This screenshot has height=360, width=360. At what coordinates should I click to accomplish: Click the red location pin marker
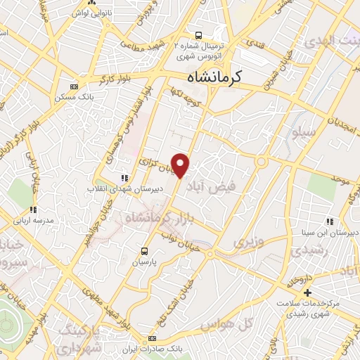pyautogui.click(x=181, y=165)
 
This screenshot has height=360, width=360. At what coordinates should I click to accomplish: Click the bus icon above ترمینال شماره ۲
pyautogui.click(x=199, y=34)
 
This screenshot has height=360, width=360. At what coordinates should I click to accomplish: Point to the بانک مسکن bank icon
pyautogui.click(x=73, y=86)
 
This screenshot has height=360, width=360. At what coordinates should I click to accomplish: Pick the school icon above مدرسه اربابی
pyautogui.click(x=32, y=210)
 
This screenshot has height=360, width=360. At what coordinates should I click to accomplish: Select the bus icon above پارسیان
pyautogui.click(x=145, y=250)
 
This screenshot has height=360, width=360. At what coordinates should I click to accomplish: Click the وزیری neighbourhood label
pyautogui.click(x=246, y=243)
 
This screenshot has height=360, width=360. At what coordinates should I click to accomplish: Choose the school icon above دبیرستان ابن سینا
pyautogui.click(x=330, y=222)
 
